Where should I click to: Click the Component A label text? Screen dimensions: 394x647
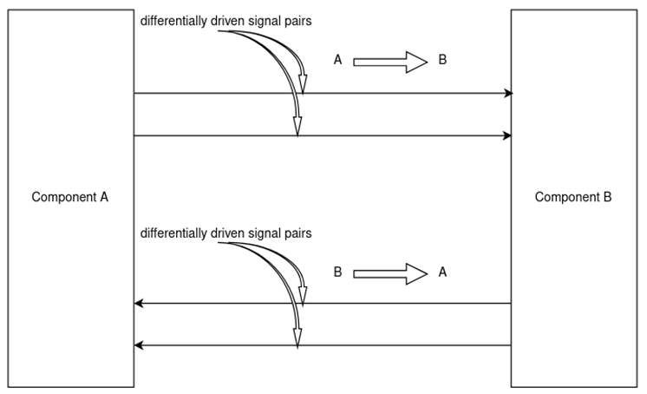[69, 197]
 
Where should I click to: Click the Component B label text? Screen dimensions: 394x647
[572, 197]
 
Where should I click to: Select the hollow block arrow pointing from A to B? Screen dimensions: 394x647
[390, 61]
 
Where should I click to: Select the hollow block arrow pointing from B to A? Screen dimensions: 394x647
[390, 273]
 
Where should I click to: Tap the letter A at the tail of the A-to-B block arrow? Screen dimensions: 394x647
[338, 60]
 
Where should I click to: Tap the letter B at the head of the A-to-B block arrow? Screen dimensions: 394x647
[442, 60]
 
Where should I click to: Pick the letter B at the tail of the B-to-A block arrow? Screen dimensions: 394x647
[338, 273]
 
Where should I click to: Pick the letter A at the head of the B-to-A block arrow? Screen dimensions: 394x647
[442, 273]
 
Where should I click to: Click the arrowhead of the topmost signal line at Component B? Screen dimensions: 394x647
[507, 93]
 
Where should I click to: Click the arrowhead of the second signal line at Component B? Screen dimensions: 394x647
[507, 135]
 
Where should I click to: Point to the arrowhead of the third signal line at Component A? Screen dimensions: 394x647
[139, 304]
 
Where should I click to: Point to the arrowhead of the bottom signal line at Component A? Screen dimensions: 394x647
[139, 345]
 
